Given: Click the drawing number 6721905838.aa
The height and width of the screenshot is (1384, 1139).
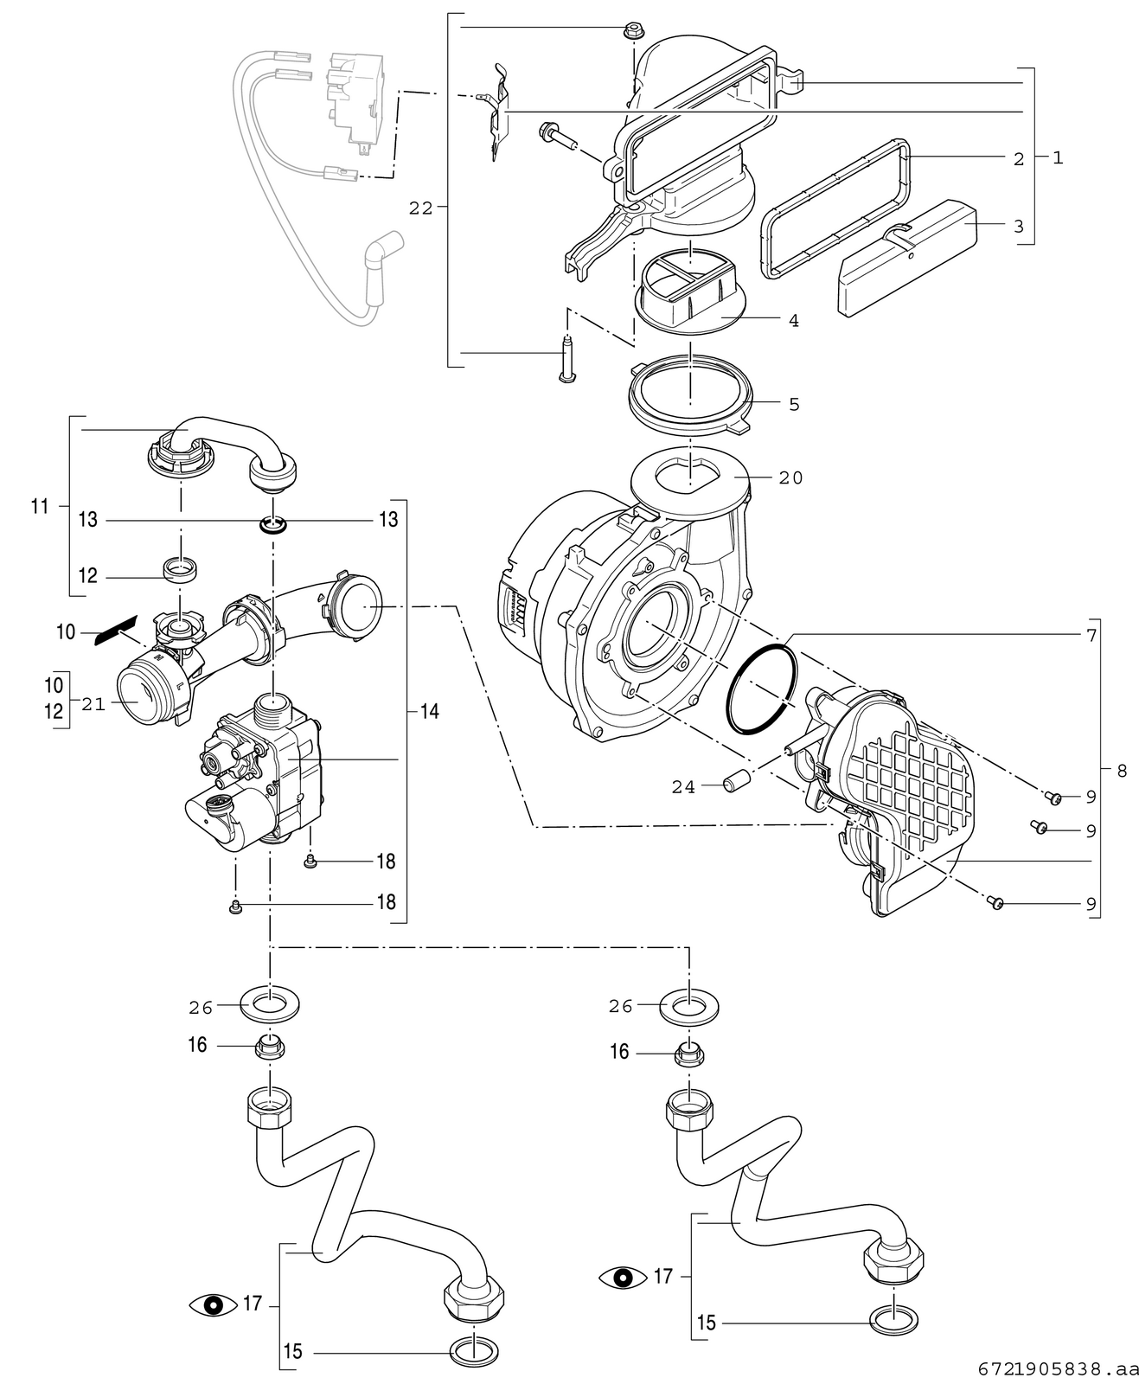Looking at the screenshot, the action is pyautogui.click(x=1057, y=1369).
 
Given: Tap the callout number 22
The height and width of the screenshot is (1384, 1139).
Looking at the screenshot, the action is pyautogui.click(x=421, y=208).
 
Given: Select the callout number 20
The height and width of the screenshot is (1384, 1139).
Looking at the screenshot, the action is pyautogui.click(x=790, y=477).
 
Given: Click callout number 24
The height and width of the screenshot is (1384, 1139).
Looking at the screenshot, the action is pyautogui.click(x=683, y=787).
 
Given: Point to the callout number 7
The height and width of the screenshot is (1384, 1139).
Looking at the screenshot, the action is pyautogui.click(x=1091, y=635).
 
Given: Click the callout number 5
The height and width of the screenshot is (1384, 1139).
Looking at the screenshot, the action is pyautogui.click(x=794, y=404).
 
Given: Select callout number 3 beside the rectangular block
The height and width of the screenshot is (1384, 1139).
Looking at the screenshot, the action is pyautogui.click(x=1018, y=226).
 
